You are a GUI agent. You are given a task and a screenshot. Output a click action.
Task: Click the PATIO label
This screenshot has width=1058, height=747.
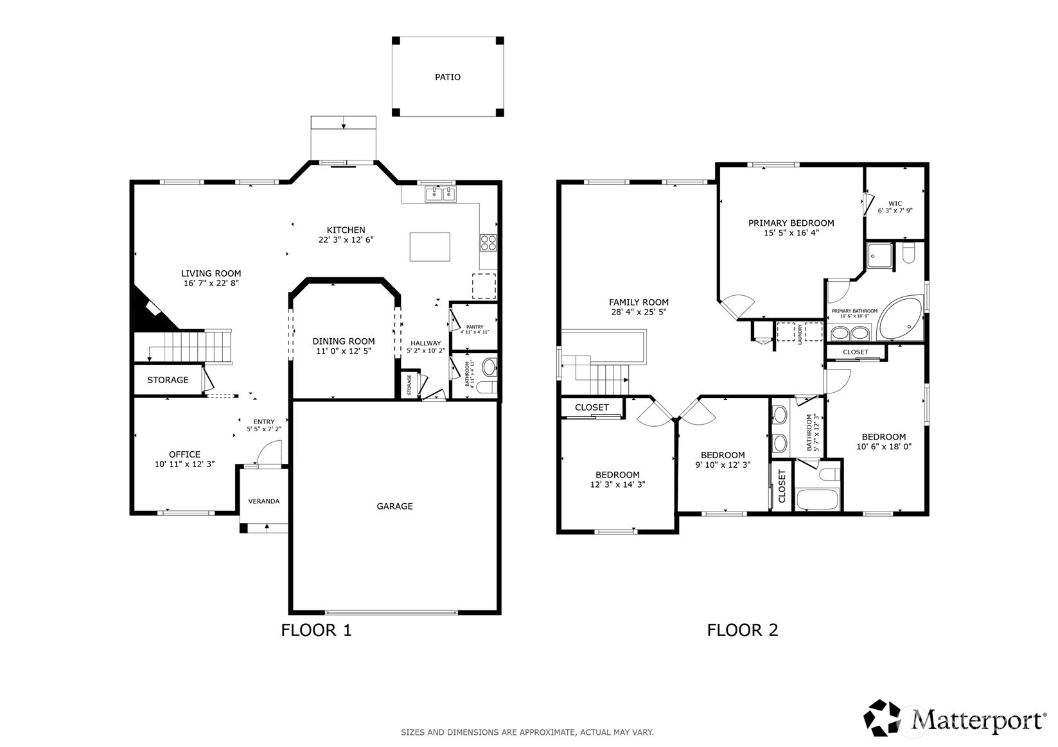tap(448, 77)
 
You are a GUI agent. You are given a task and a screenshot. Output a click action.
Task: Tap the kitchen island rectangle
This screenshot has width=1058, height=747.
tap(430, 246)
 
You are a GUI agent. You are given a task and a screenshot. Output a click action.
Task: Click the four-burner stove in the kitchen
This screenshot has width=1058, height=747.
tap(488, 242)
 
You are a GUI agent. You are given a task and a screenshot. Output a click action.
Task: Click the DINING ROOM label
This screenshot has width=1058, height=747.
tap(344, 341)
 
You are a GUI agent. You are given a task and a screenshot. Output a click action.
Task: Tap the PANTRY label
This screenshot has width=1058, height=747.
tap(475, 327)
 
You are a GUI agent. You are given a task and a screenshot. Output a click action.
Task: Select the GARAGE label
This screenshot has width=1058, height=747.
tap(394, 506)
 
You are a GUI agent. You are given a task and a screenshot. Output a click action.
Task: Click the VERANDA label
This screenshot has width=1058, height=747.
tap(264, 501)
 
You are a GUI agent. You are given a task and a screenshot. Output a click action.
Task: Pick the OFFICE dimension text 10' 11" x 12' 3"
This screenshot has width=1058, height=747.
tap(184, 464)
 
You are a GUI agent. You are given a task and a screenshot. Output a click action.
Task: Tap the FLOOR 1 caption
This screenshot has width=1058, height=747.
tap(316, 630)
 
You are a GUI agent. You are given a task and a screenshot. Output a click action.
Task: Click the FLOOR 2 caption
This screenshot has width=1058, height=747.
tap(742, 630)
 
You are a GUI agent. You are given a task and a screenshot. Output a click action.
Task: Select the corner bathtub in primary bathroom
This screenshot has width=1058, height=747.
tap(902, 319)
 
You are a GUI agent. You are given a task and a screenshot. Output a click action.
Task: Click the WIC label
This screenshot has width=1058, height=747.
tap(895, 203)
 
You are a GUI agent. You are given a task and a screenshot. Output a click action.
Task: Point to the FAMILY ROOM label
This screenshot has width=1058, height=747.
tap(639, 302)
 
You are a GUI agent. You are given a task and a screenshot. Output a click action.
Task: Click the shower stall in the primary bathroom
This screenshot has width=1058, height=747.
tap(879, 257)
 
